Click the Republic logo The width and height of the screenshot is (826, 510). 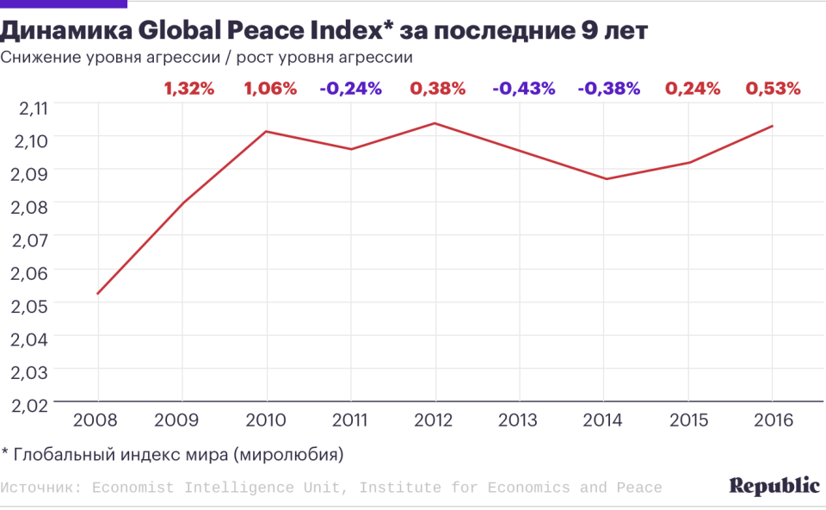point(774,486)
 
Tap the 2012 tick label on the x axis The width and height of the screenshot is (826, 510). point(435,420)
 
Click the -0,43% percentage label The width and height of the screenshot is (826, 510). point(523,88)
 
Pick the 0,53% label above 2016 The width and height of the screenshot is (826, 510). point(773,88)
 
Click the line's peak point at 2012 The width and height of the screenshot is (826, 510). point(435,123)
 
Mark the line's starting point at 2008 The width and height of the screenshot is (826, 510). point(97,294)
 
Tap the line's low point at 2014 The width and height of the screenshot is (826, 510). point(605,179)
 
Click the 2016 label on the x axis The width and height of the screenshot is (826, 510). point(771,420)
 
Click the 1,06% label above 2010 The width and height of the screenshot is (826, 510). point(270,88)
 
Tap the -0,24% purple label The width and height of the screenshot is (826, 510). point(350,88)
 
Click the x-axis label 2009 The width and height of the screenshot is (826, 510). point(181,420)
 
